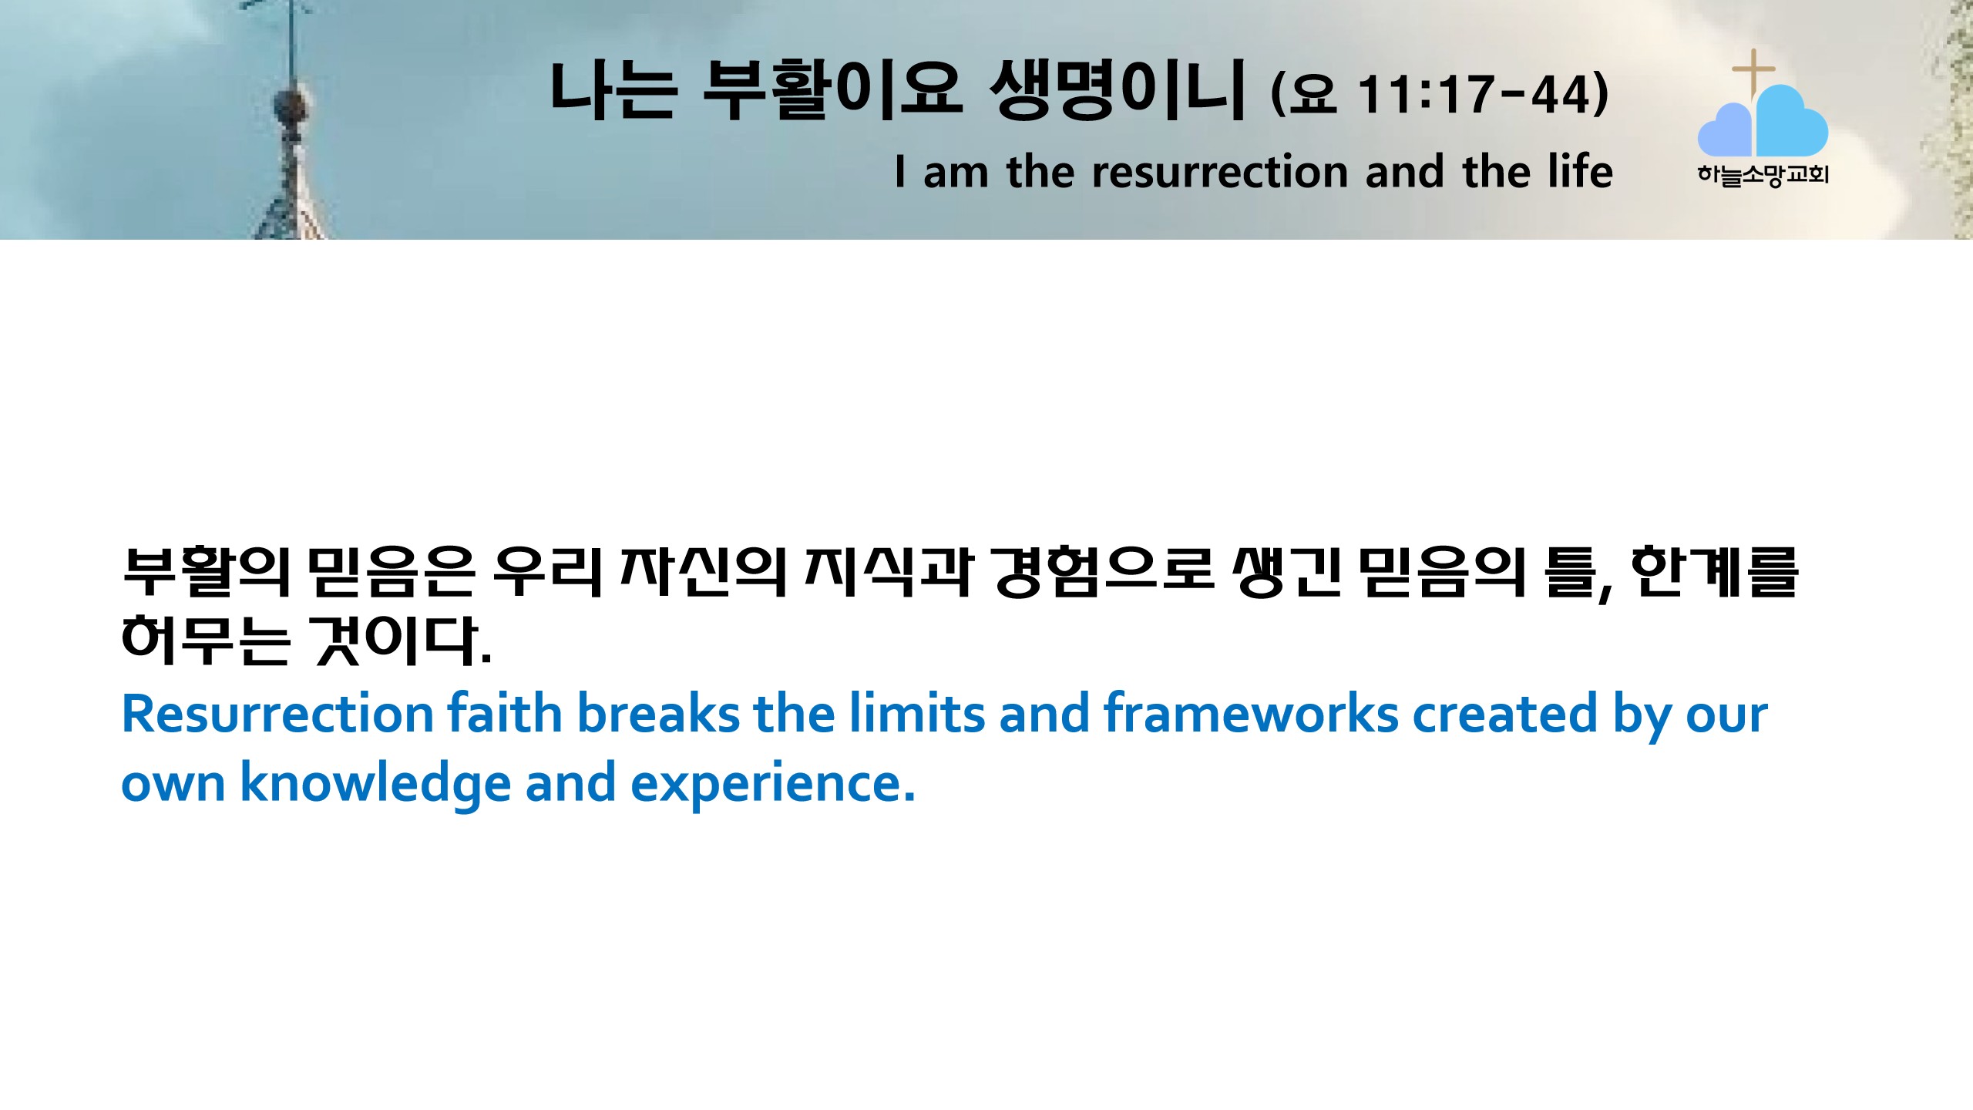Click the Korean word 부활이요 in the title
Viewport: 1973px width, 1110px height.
pyautogui.click(x=832, y=90)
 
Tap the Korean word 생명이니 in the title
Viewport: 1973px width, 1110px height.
pyautogui.click(x=1117, y=90)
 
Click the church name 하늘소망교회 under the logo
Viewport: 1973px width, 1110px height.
pyautogui.click(x=1763, y=176)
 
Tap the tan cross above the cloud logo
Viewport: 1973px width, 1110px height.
pyautogui.click(x=1753, y=73)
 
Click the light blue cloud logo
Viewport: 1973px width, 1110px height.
pyautogui.click(x=1763, y=122)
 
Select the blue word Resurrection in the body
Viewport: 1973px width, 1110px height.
pyautogui.click(x=277, y=714)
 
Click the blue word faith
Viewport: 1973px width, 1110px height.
pyautogui.click(x=505, y=713)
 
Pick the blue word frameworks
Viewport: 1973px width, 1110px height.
pyautogui.click(x=1251, y=713)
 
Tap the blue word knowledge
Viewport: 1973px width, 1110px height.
pyautogui.click(x=375, y=783)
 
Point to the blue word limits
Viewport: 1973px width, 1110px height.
pyautogui.click(x=917, y=713)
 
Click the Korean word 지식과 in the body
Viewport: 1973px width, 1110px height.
pyautogui.click(x=889, y=572)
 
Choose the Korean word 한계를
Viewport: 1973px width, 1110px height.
pyautogui.click(x=1716, y=572)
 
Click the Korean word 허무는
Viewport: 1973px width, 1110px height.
pyautogui.click(x=207, y=640)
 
